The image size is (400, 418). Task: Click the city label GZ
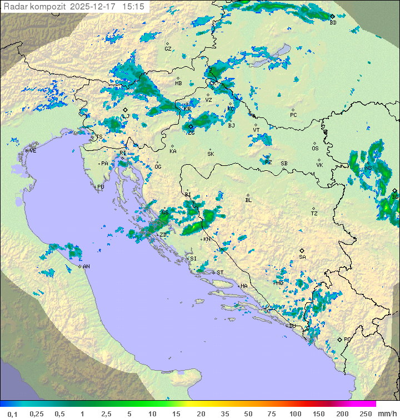coord(168,49)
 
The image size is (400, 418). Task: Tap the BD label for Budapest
coord(333,23)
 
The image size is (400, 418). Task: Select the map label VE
coord(33,151)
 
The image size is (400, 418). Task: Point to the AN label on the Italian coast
coord(87,267)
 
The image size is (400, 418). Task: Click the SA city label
coord(302,257)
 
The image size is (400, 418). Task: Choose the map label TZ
coord(314,214)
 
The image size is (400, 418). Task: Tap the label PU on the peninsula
coord(101,187)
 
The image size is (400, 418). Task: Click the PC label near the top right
coord(293,115)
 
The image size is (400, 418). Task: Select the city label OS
coord(315,149)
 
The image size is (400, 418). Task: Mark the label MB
coord(178,83)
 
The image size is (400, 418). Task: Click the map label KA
coord(173,151)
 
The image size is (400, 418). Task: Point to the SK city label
coord(210,154)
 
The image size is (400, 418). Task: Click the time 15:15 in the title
coord(134,6)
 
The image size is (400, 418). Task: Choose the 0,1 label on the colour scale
coord(13,414)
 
